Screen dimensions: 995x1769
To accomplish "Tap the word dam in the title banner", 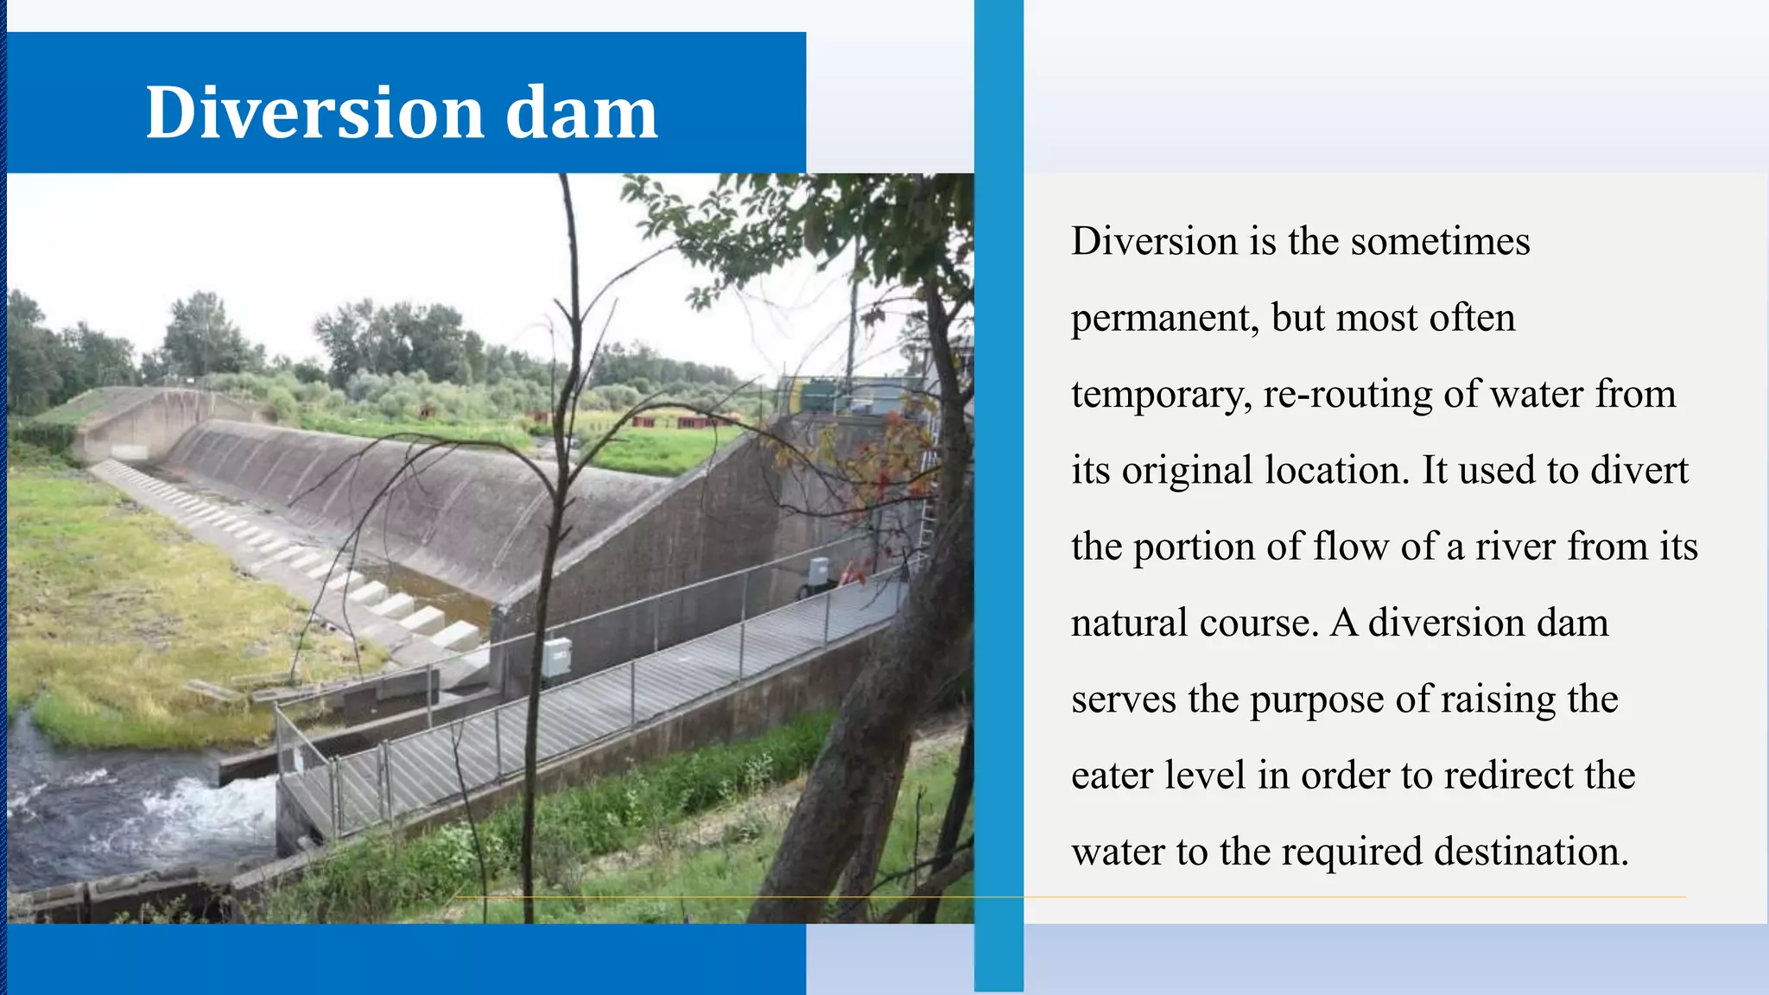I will [580, 112].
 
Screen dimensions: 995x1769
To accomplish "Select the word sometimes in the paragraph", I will [1440, 241].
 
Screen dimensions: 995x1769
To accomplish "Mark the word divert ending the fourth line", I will [1639, 471].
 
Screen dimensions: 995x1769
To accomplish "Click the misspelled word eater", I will [1112, 776].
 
